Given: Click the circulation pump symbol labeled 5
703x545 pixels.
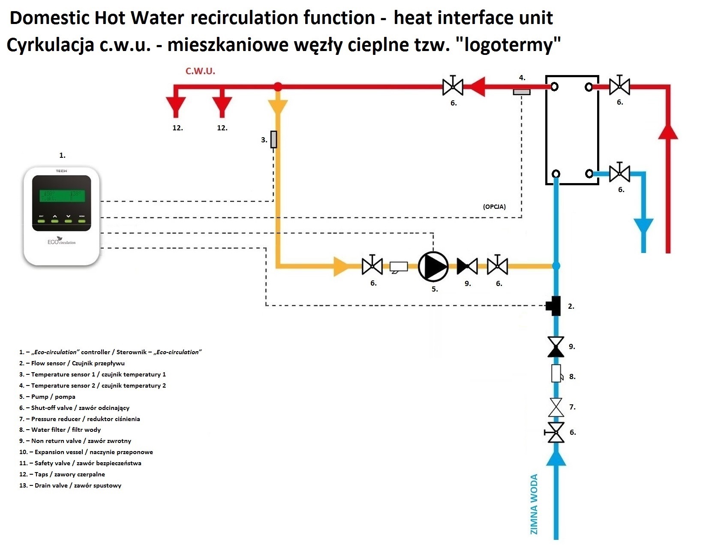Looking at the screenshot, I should click(x=433, y=266).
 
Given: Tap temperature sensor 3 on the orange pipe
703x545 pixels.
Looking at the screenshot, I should click(x=273, y=139).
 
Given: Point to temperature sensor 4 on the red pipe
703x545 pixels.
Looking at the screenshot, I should click(x=522, y=91).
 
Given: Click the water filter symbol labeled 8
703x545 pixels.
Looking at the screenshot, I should click(x=556, y=373).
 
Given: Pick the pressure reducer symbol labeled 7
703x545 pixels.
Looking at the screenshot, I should click(x=556, y=407).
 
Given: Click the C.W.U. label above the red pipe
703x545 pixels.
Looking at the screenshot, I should click(x=200, y=71).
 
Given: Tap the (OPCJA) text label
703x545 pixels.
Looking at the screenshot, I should click(x=494, y=207).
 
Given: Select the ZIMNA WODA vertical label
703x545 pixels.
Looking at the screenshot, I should click(x=534, y=504).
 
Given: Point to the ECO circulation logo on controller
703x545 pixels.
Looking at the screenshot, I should click(x=61, y=241).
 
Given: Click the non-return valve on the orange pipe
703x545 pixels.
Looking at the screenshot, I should click(x=467, y=266).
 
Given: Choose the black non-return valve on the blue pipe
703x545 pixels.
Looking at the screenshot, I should click(x=556, y=347).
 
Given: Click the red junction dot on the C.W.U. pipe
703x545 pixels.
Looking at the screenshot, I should click(x=278, y=87).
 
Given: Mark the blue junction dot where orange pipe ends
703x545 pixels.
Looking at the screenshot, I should click(x=556, y=266).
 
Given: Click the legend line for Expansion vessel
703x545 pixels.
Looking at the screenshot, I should click(x=86, y=452).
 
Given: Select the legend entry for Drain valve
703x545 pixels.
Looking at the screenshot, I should click(x=70, y=485).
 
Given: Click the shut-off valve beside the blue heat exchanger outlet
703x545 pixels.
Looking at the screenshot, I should click(x=619, y=173).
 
